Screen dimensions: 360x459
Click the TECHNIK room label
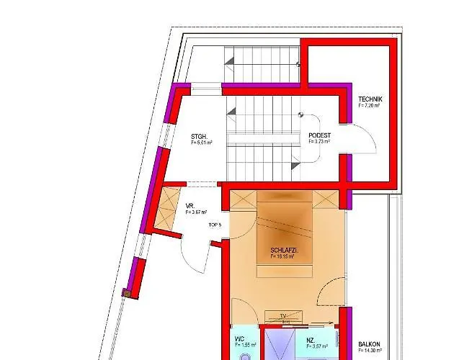(x=370, y=99)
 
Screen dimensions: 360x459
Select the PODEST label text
(x=318, y=135)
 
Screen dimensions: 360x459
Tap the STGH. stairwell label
(x=199, y=136)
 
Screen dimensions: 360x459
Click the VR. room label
(x=190, y=205)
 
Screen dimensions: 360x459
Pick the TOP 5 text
(x=215, y=225)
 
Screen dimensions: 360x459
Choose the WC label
(x=239, y=338)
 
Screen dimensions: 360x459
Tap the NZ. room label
(x=311, y=338)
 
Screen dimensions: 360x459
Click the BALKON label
(x=370, y=344)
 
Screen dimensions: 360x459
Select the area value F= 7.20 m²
(x=369, y=105)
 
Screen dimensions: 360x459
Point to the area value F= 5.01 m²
(x=202, y=143)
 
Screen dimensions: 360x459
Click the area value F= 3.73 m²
(x=319, y=142)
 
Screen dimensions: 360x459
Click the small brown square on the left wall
(x=126, y=293)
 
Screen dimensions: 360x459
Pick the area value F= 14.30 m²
(x=370, y=351)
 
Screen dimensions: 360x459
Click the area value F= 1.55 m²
(x=241, y=346)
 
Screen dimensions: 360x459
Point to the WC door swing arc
(x=245, y=320)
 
